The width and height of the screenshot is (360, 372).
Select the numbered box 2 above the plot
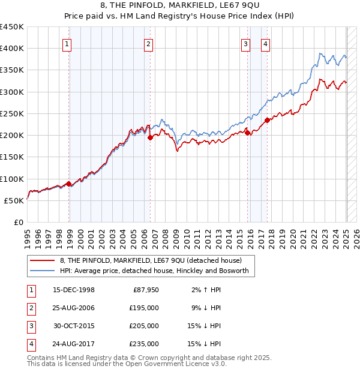(x=148, y=43)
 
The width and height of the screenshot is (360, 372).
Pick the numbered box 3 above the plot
(x=245, y=43)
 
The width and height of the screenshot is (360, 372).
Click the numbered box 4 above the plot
(x=265, y=43)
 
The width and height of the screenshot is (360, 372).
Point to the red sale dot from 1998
(x=69, y=184)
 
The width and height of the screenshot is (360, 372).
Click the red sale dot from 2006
(x=150, y=137)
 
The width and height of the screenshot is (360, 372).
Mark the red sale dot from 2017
(x=267, y=120)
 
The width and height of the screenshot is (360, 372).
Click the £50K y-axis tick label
(x=14, y=200)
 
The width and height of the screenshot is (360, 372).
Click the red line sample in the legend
(x=43, y=261)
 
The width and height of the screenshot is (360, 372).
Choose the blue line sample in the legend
(x=43, y=271)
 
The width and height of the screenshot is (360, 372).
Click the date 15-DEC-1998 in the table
(x=74, y=290)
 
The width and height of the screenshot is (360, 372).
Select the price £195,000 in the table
(x=145, y=308)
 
